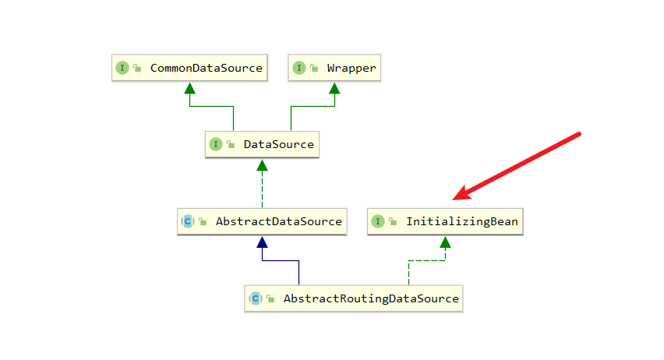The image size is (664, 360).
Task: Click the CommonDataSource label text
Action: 206,69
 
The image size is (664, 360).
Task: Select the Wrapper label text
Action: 351,69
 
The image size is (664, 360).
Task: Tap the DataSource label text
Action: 278,144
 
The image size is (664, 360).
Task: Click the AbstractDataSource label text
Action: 278,221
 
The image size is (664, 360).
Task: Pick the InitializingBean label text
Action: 461,221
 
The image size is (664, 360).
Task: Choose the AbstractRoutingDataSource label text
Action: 371,298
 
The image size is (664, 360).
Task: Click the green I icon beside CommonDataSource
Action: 122,69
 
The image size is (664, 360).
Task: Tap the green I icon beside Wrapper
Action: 299,69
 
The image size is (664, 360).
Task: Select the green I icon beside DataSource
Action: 216,144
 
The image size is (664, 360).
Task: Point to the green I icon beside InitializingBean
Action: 378,221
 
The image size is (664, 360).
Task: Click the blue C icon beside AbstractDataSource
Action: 188,221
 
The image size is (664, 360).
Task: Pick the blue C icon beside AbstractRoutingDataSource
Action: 256,298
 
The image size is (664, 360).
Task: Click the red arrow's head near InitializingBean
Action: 457,196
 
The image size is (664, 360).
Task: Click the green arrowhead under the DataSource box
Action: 262,164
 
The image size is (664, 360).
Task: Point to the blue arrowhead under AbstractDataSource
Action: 262,242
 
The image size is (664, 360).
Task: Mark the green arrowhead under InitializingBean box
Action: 444,242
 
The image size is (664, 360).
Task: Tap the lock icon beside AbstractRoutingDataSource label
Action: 271,298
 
